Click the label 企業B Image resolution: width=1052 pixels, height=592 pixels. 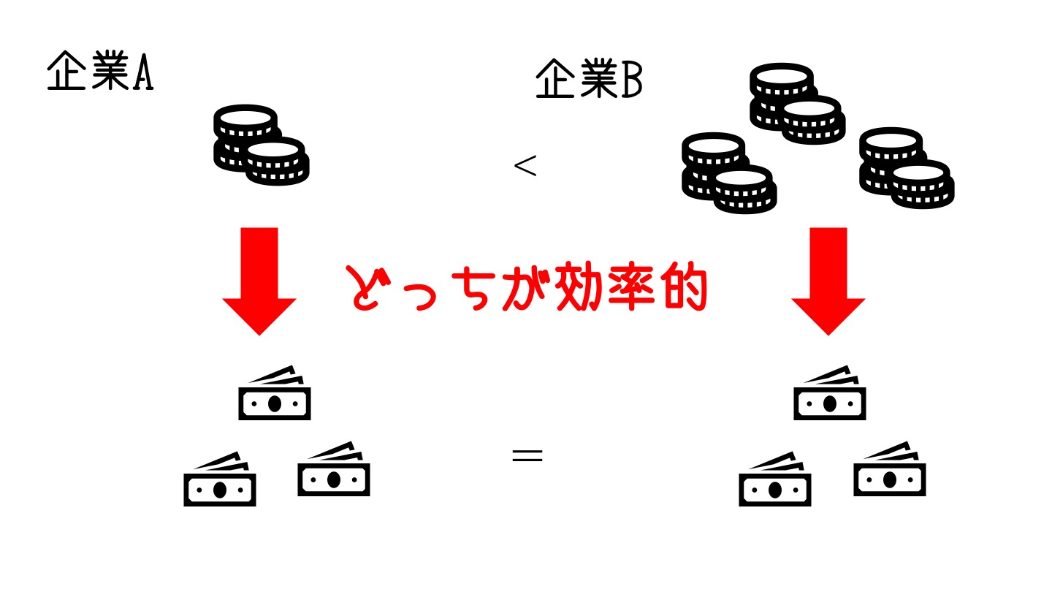pos(589,81)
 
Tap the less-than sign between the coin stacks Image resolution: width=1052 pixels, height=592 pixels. pos(525,166)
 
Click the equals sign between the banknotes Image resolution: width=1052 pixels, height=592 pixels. pos(527,456)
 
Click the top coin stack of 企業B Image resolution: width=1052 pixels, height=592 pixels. pos(797,102)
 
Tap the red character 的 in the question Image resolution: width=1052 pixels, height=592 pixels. pos(681,288)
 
